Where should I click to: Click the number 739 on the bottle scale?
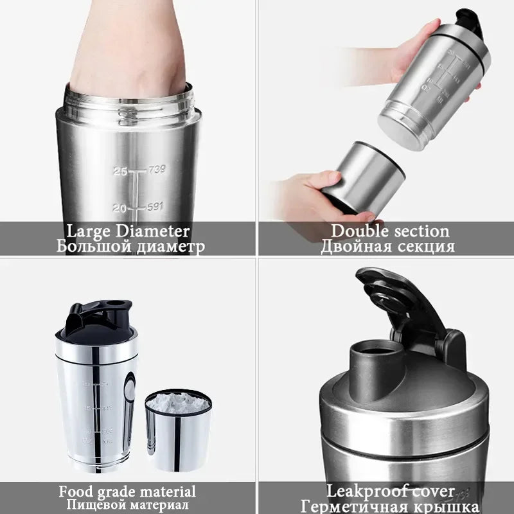click(x=155, y=170)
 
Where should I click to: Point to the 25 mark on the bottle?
click(x=120, y=171)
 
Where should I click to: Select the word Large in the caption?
click(x=89, y=231)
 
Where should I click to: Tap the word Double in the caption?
click(x=356, y=231)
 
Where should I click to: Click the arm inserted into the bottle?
click(x=128, y=51)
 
